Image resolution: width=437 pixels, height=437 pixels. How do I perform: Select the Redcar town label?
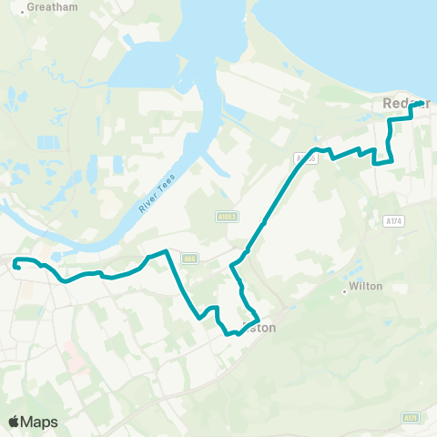point(401,104)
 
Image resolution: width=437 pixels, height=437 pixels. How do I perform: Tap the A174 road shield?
point(394,221)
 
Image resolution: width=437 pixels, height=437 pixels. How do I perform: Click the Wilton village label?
point(367,286)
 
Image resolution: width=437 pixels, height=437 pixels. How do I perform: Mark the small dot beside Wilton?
point(345,292)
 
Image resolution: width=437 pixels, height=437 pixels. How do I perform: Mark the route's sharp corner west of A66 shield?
point(165,251)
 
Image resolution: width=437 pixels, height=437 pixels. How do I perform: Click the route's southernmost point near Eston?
point(239,334)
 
